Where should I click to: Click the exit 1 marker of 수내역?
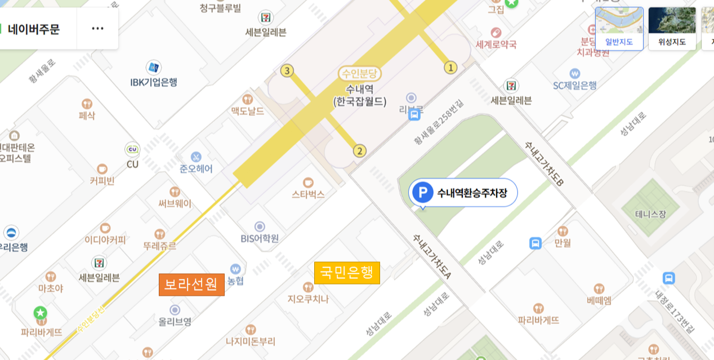[x=450, y=68]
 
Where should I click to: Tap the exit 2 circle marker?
[x=359, y=151]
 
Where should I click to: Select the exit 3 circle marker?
[x=287, y=71]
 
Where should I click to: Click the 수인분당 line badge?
[x=360, y=73]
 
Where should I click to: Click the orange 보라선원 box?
[x=191, y=285]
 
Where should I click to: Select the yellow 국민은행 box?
[x=347, y=273]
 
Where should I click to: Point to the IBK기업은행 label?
[x=154, y=82]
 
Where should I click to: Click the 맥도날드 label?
[x=247, y=111]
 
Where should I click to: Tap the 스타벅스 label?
[x=308, y=194]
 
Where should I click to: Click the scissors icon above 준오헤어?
[x=196, y=156]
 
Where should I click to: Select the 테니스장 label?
[x=650, y=214]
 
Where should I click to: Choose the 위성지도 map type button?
[x=672, y=29]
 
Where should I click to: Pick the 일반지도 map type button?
[x=619, y=29]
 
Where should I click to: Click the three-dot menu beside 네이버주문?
[x=97, y=29]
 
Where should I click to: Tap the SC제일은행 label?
[x=574, y=86]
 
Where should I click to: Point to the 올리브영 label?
[x=175, y=322]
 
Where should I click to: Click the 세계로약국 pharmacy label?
[x=496, y=44]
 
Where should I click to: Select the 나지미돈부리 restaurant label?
[x=251, y=341]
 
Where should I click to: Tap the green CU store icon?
[x=132, y=149]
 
